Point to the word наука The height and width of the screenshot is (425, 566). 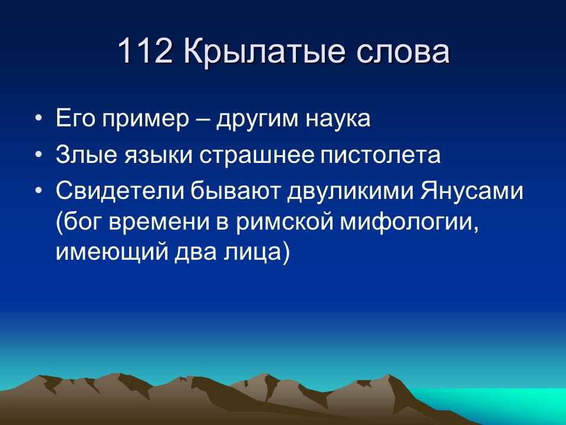tap(337, 120)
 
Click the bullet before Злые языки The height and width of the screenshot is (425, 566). tap(39, 156)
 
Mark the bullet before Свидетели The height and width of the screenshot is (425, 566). tap(39, 192)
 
